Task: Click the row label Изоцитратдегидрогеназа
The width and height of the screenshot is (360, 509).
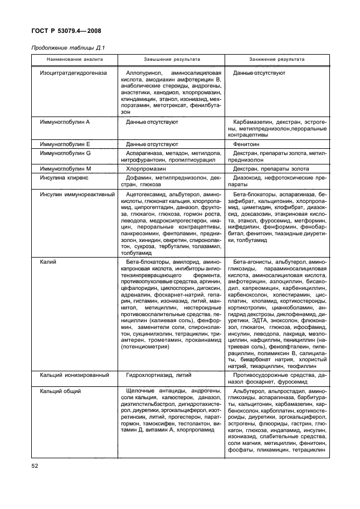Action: (x=74, y=73)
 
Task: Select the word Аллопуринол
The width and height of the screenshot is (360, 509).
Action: (x=144, y=73)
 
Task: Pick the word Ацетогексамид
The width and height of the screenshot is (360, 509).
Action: (x=146, y=195)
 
